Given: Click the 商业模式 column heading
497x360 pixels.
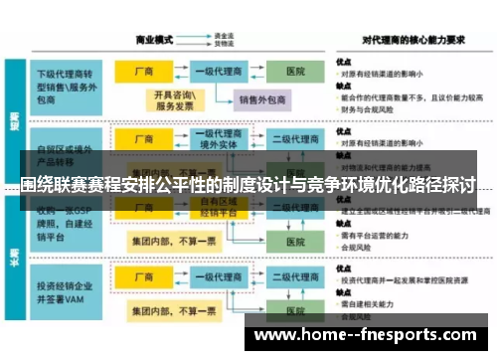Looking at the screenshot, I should (154, 40).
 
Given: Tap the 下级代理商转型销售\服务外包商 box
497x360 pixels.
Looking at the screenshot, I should (67, 80).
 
